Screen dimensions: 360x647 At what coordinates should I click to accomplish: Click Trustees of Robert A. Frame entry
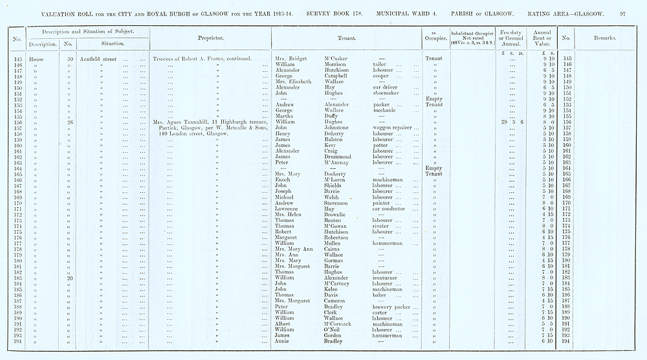tap(202, 59)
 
